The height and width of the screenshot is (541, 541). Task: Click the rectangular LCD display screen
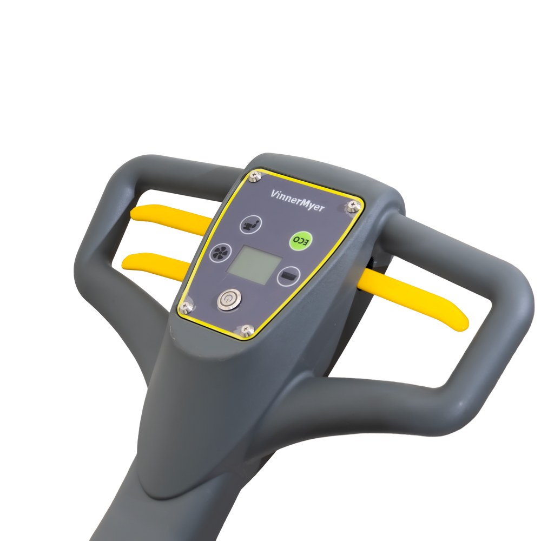255,265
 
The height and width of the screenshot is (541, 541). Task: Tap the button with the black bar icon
288,276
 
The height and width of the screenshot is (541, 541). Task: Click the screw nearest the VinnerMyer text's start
255,176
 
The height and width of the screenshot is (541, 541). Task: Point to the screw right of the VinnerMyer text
352,205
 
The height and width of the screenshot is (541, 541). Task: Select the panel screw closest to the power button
186,305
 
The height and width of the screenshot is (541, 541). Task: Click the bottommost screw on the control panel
246,329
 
